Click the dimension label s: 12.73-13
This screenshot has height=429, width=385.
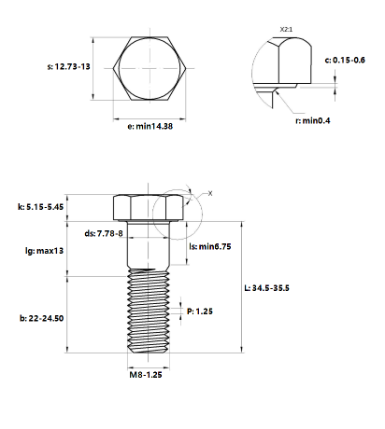(x=68, y=66)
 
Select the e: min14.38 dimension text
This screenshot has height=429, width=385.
(x=150, y=126)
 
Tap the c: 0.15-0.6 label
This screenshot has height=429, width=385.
(x=345, y=60)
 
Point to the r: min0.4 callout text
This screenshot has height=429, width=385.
(x=313, y=120)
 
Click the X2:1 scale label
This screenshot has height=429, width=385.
(x=286, y=30)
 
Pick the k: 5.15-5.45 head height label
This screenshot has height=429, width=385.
(x=40, y=207)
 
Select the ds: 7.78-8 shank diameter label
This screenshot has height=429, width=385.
(x=104, y=233)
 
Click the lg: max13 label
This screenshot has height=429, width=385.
(x=44, y=251)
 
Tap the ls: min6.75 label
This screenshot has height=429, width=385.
(x=210, y=246)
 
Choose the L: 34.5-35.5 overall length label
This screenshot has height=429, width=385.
(x=266, y=288)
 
